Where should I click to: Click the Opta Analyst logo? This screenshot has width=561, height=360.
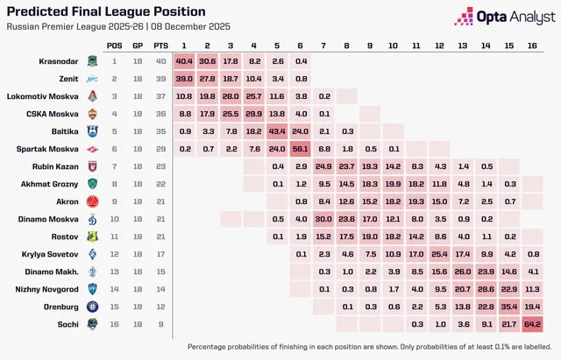[x=505, y=17]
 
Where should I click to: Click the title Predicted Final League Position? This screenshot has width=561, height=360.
[x=106, y=11]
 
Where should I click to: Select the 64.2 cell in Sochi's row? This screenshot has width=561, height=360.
[x=532, y=324]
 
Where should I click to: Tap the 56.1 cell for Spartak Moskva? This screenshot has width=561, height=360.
[x=300, y=149]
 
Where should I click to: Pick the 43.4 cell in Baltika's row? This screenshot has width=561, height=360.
[x=277, y=131]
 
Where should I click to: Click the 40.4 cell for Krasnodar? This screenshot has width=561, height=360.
[x=184, y=61]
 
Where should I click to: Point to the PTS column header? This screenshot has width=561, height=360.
[x=161, y=46]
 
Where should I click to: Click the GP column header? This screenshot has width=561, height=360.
[x=138, y=46]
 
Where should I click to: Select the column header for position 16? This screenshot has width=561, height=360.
[x=532, y=46]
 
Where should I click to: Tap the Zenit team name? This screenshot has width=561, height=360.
[x=68, y=79]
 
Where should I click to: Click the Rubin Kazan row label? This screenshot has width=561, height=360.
[x=55, y=166]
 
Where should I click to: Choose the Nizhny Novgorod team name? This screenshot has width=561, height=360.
[x=46, y=289]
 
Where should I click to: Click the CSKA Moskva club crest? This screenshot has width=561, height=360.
[x=93, y=114]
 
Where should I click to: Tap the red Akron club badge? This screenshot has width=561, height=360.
[x=93, y=201]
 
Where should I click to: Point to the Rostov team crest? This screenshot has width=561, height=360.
[x=93, y=236]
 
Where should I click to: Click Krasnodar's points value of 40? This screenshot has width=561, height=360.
[x=161, y=61]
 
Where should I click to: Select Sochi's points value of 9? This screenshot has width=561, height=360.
[x=161, y=324]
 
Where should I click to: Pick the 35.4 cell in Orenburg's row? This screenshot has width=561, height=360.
[x=509, y=307]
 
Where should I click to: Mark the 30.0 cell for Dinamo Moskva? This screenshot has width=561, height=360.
[x=323, y=219]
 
